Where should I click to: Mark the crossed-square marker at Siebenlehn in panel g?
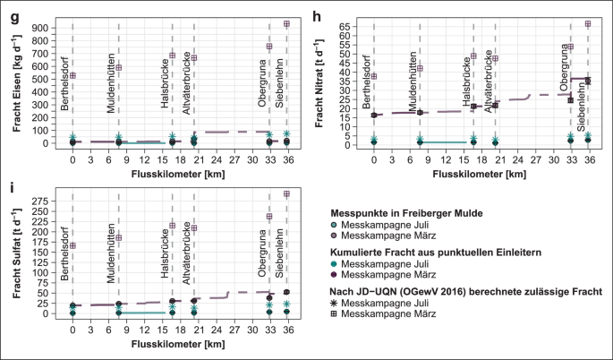286,24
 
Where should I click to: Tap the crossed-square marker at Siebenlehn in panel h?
587,24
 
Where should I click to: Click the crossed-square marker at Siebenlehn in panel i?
286,194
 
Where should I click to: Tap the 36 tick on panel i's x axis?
286,329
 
